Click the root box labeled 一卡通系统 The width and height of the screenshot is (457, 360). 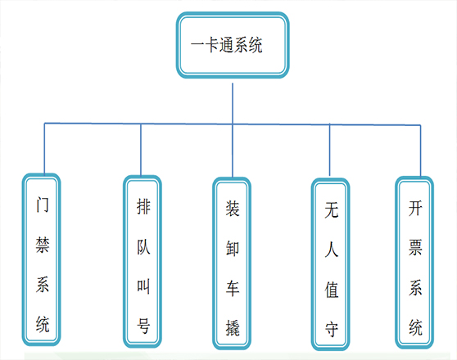coord(233,45)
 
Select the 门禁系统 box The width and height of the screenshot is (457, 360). coord(42,259)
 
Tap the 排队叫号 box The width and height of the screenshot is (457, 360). coord(143,261)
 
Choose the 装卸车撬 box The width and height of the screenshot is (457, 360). coord(232,263)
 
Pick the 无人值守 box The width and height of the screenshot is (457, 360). coord(330,264)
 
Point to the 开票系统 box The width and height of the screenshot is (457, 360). coord(414,263)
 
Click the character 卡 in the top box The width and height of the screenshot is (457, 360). coord(212,45)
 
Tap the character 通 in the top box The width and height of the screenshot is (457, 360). coord(227,45)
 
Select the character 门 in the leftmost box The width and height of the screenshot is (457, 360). coord(43,205)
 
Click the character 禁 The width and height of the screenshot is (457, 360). coord(43,245)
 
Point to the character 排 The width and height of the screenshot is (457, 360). coord(143,206)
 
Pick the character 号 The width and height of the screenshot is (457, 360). coord(143,326)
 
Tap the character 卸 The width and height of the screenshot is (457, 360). coord(233,249)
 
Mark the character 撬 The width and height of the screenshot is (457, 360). coord(233,328)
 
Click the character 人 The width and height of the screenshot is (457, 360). coord(332,250)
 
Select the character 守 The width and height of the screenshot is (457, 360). coord(332,329)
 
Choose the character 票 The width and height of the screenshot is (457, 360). coord(415,248)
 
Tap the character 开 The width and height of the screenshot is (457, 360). coord(415,208)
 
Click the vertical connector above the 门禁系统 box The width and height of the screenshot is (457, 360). coord(44,148)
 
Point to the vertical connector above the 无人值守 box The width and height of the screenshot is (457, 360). coord(329,150)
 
